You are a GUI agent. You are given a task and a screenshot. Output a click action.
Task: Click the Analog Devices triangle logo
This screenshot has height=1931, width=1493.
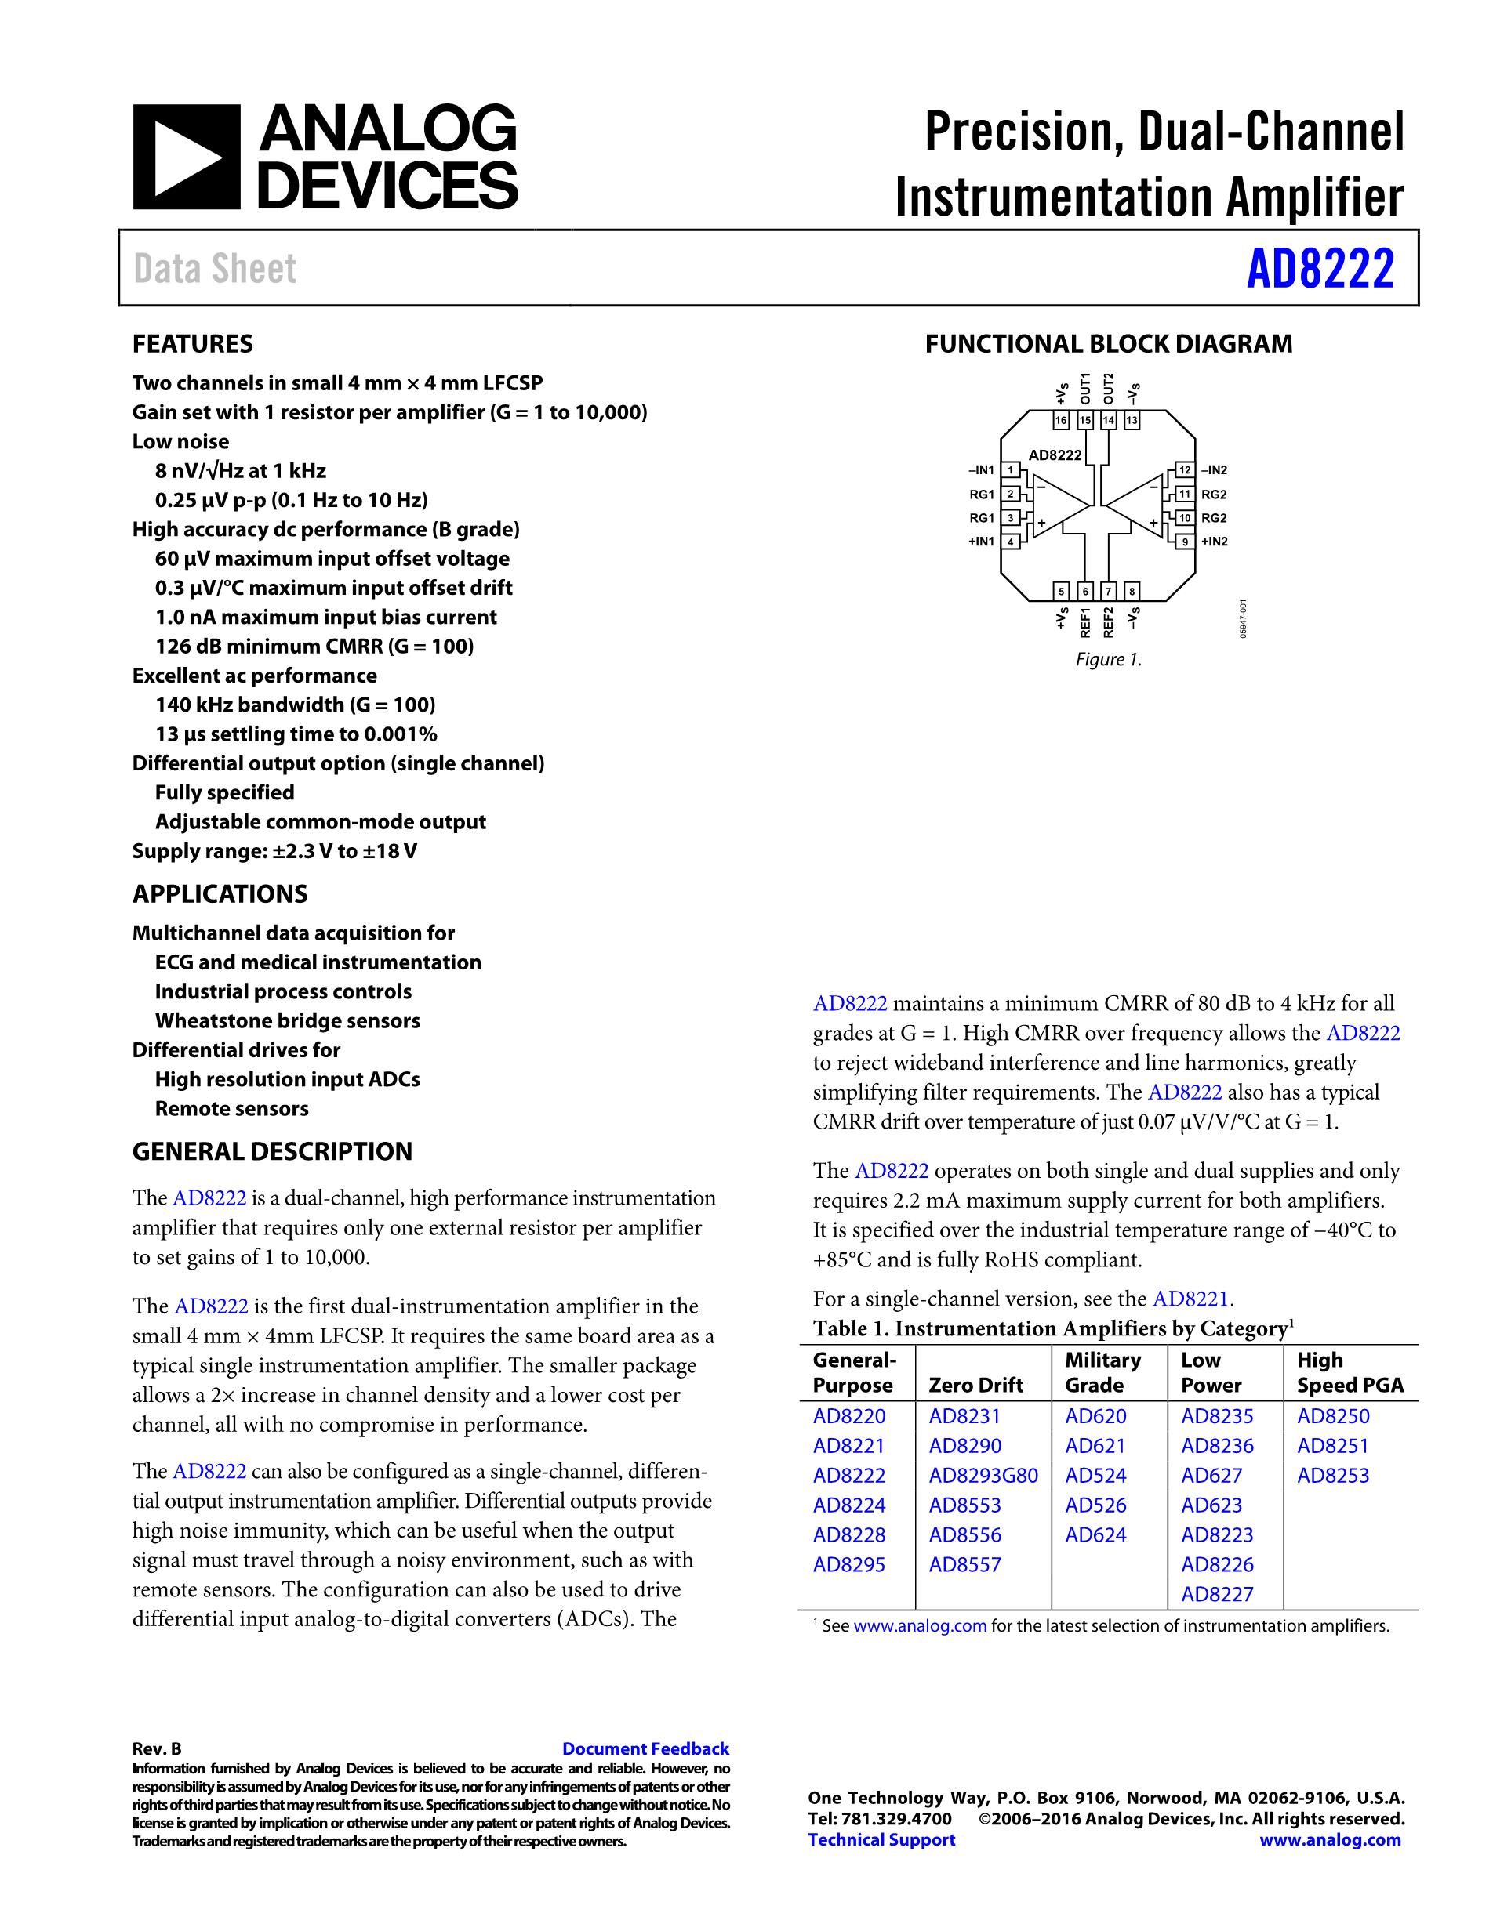(186, 158)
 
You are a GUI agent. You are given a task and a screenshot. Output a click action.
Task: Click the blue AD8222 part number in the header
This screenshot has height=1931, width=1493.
(1320, 269)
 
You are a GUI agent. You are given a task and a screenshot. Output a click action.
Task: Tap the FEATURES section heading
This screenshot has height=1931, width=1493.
(193, 344)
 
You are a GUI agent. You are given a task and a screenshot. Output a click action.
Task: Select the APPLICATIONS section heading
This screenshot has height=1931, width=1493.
(220, 894)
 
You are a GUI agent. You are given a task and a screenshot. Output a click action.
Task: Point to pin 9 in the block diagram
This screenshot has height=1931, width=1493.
(1183, 541)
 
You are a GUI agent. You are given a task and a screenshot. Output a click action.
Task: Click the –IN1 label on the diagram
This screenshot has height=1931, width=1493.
(982, 470)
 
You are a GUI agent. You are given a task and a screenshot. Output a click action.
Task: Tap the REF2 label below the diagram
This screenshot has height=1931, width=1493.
(1108, 621)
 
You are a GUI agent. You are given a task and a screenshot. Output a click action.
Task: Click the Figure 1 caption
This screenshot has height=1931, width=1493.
(1108, 660)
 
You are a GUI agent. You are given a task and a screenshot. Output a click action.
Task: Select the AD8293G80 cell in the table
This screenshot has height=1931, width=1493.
(983, 1475)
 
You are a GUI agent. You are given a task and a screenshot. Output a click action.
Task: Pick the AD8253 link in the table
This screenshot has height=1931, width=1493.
(1332, 1475)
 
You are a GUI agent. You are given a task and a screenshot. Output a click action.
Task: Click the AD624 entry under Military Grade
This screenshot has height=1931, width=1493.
(1095, 1535)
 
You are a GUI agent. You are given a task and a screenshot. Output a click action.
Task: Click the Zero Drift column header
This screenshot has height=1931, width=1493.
(975, 1385)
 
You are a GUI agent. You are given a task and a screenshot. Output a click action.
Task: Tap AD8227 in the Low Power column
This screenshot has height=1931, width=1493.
(1217, 1594)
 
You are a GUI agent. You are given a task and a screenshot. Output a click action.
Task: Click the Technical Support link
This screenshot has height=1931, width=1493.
(881, 1839)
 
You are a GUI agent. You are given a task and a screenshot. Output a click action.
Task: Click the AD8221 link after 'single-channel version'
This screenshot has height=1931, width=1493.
(1190, 1299)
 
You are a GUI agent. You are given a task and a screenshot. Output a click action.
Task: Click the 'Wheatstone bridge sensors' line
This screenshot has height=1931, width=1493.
(288, 1020)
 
